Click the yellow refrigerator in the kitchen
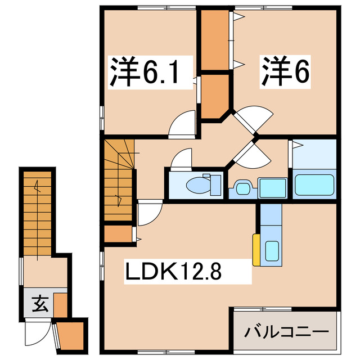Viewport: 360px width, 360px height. tap(256, 249)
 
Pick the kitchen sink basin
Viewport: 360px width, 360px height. tap(272, 250)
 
